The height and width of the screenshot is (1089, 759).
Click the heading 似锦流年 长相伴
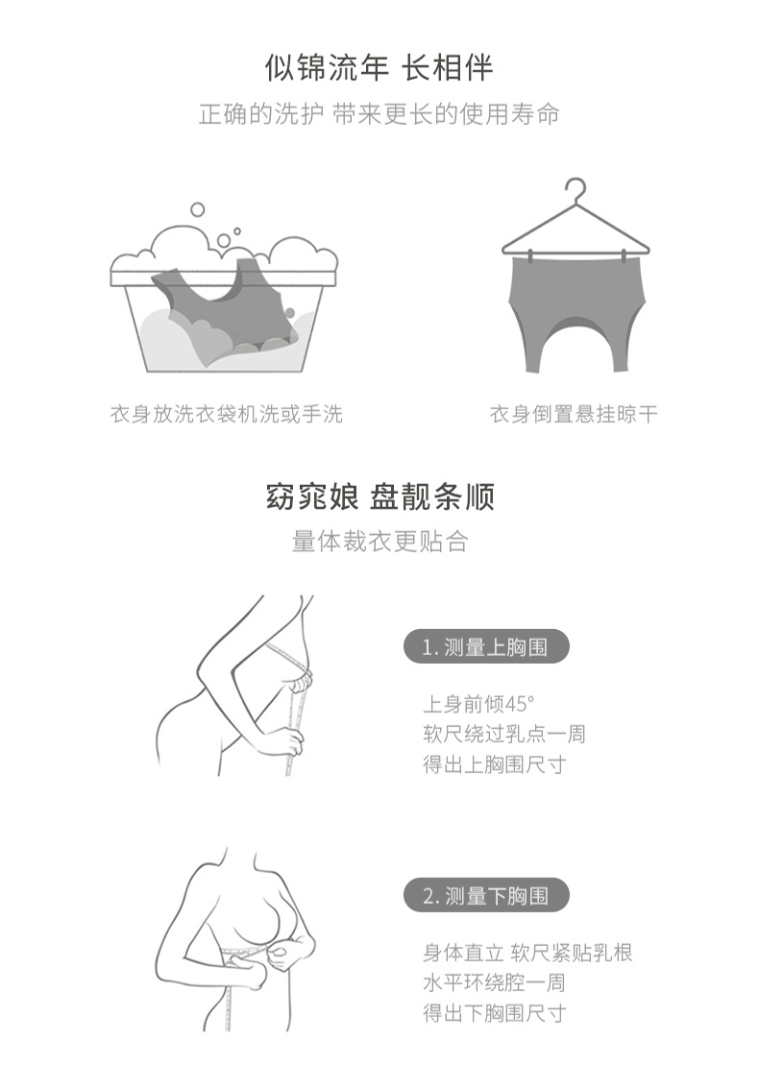click(379, 68)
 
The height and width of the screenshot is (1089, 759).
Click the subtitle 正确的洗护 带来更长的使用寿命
click(379, 114)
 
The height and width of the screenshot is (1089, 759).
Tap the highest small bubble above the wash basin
click(197, 209)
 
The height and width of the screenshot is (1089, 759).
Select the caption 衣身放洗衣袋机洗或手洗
click(227, 415)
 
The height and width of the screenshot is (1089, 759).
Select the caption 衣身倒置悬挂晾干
click(574, 415)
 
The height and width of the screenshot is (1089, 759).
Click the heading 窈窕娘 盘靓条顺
click(379, 497)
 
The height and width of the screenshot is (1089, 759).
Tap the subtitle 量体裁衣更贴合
click(379, 542)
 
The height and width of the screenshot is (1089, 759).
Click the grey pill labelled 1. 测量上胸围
click(486, 647)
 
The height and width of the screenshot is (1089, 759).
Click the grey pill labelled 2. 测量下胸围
click(486, 896)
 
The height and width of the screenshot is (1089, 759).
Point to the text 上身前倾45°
click(478, 704)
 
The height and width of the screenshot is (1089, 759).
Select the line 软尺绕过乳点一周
click(504, 734)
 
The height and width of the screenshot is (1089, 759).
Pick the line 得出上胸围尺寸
click(494, 764)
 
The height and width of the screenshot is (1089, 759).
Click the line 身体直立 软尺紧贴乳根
click(527, 953)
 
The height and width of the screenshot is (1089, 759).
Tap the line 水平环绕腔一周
click(494, 982)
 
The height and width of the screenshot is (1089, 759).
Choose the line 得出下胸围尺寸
click(494, 1013)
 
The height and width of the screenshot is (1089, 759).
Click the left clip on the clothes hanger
click(531, 256)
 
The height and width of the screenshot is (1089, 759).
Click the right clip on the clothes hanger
click(624, 256)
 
